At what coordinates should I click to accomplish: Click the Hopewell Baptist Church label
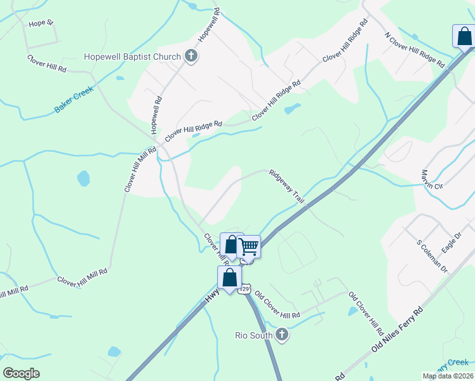pyautogui.click(x=132, y=57)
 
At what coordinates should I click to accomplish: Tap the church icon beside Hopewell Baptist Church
pyautogui.click(x=190, y=57)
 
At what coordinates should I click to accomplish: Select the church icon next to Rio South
pyautogui.click(x=282, y=335)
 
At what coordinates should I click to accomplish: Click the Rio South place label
pyautogui.click(x=253, y=335)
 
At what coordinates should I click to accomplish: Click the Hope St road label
pyautogui.click(x=42, y=24)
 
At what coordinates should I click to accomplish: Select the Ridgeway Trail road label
pyautogui.click(x=286, y=186)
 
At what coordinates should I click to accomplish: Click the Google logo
pyautogui.click(x=21, y=373)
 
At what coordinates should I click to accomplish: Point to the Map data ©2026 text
pyautogui.click(x=448, y=376)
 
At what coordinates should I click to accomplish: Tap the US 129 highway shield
pyautogui.click(x=245, y=290)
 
